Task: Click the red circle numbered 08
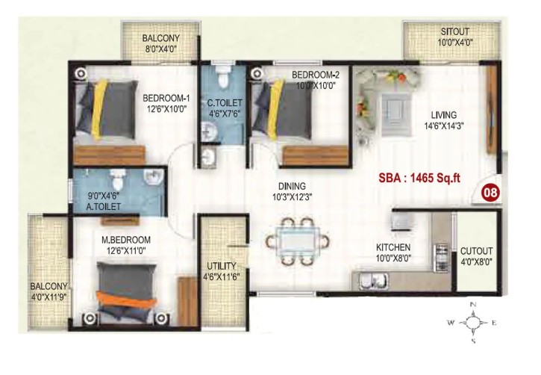point(490,192)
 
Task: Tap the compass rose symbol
point(473,323)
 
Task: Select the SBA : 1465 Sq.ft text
point(419,179)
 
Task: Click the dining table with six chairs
point(298,241)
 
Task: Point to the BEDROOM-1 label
point(166,99)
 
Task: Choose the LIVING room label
point(444,114)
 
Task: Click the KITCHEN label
point(393,247)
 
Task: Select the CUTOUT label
point(477,251)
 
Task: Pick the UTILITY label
point(221,266)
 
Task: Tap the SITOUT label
point(454,32)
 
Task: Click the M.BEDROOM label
point(126,240)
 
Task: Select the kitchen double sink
point(374,281)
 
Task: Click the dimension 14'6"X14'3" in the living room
point(444,125)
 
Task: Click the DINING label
point(292,186)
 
